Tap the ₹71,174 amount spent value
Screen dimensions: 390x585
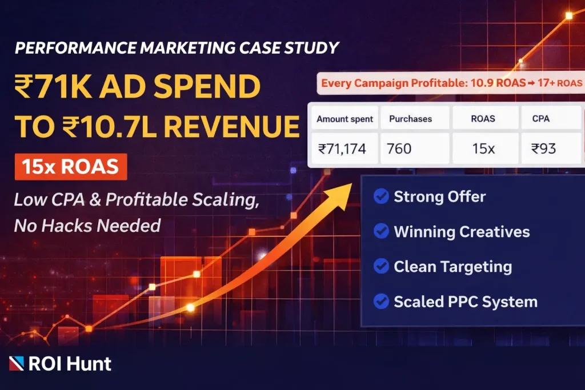tap(342, 149)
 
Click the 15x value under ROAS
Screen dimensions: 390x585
tap(484, 149)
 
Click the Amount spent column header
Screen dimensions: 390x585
tap(344, 119)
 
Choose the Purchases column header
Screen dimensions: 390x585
tap(410, 119)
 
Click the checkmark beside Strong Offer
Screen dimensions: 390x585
tap(380, 197)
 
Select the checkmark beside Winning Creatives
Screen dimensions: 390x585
tap(380, 232)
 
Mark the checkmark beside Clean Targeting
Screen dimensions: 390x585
tap(380, 267)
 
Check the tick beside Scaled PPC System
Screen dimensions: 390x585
tap(380, 301)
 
